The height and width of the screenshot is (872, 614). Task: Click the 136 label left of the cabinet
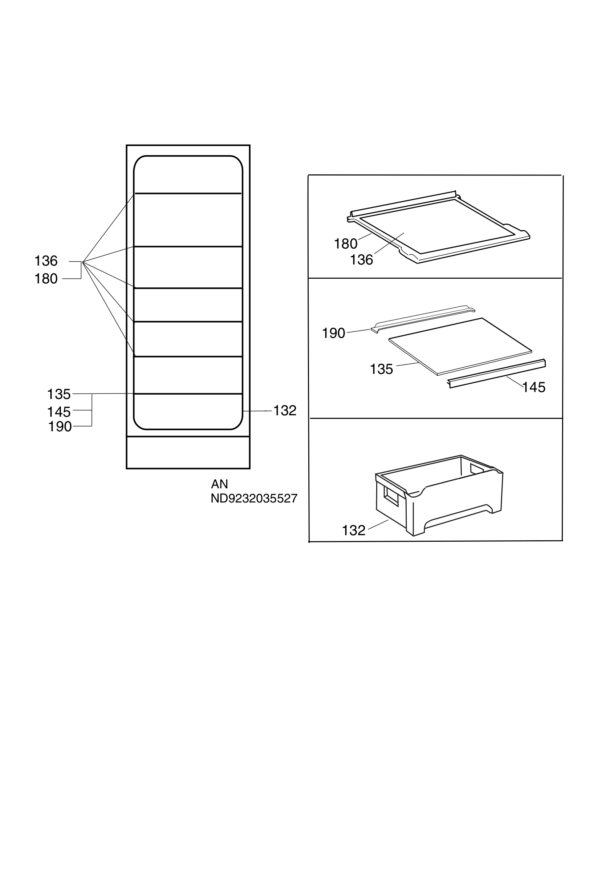click(46, 261)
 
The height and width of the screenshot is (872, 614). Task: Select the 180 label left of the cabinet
click(46, 279)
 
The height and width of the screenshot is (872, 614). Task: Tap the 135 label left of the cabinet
click(59, 394)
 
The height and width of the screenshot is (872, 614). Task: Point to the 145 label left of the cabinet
click(59, 412)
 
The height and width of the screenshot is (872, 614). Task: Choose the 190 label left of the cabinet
click(60, 427)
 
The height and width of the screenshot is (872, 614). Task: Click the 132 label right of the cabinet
click(285, 411)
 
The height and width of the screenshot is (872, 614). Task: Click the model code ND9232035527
click(254, 498)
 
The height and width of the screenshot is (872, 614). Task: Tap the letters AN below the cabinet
click(219, 484)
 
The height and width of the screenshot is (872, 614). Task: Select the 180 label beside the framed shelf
click(346, 244)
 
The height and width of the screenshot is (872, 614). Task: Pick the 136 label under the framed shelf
click(361, 260)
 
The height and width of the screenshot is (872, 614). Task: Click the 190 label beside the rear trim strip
click(334, 333)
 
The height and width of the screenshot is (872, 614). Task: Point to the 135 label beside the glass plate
click(381, 369)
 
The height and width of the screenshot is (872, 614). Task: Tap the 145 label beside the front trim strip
click(534, 387)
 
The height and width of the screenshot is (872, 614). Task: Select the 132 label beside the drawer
click(354, 530)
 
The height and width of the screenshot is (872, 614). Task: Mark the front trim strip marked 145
click(497, 374)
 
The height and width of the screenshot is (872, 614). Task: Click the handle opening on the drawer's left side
click(391, 496)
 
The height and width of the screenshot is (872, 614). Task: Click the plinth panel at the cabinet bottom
click(188, 452)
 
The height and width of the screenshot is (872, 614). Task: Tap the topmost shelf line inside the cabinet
click(188, 193)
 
